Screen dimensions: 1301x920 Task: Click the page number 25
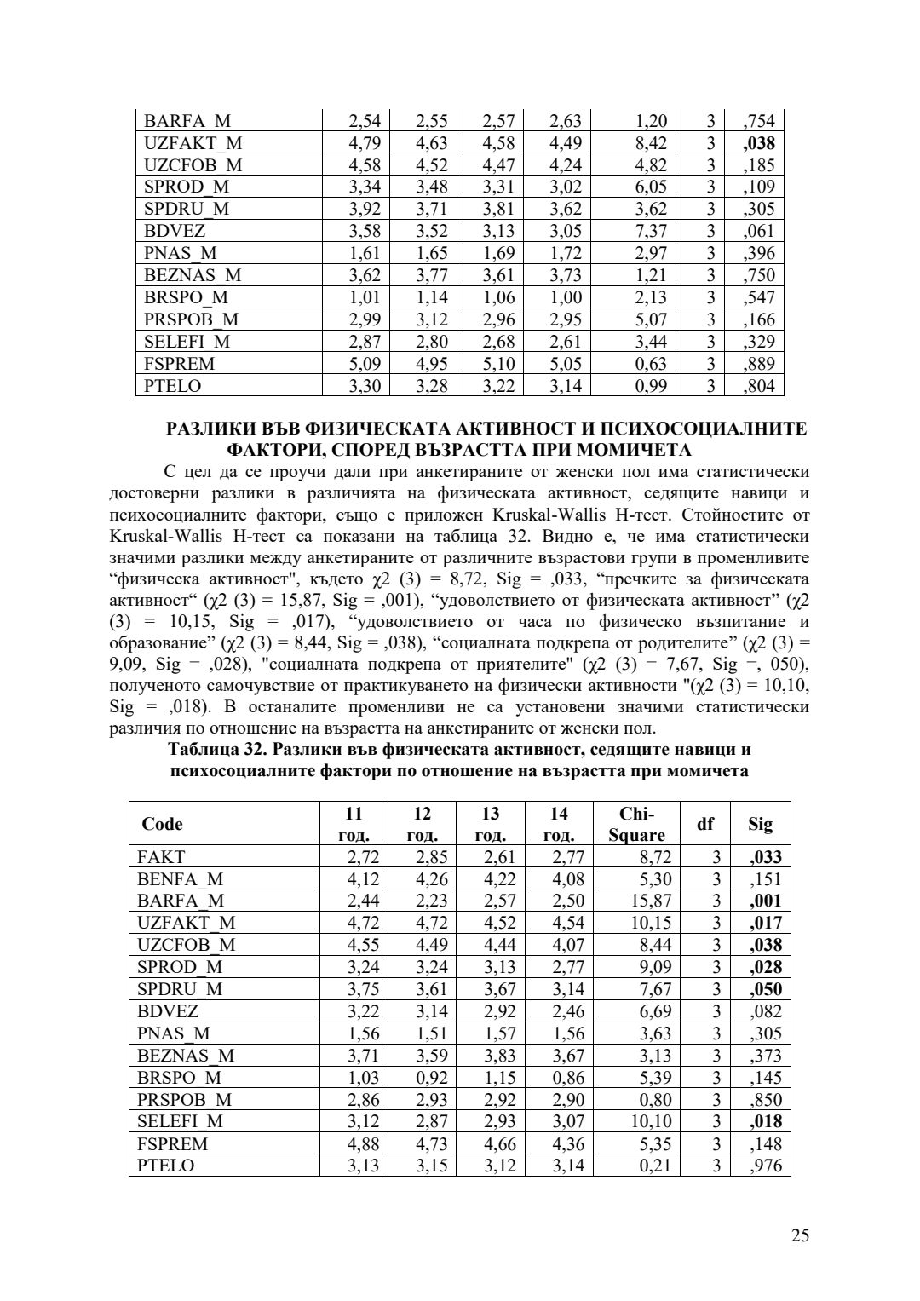799,1235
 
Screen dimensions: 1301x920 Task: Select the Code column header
162,824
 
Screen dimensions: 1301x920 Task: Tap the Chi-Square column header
636,824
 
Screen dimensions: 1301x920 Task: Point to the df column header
705,824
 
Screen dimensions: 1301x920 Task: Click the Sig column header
761,824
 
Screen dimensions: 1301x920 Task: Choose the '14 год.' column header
559,824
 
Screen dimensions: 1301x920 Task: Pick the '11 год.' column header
354,824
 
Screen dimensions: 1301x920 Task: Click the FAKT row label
161,857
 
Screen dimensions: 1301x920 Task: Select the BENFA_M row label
180,879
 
